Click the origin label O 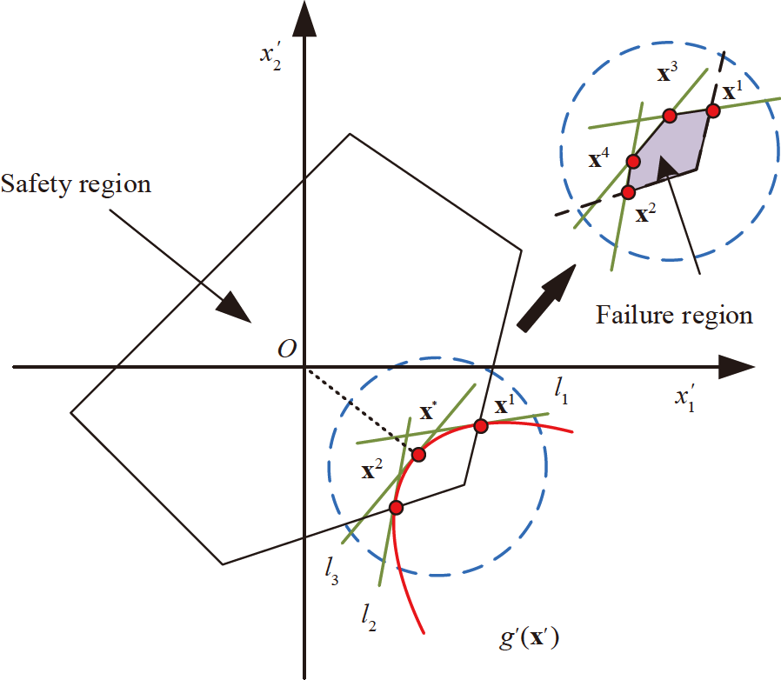(286, 348)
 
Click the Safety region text (76, 184)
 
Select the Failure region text (674, 314)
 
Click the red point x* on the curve (418, 454)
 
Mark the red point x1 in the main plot (480, 425)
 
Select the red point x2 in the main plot (396, 507)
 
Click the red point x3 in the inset (669, 116)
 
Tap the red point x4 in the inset (633, 161)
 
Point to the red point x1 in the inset (713, 110)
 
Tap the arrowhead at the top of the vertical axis (304, 19)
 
